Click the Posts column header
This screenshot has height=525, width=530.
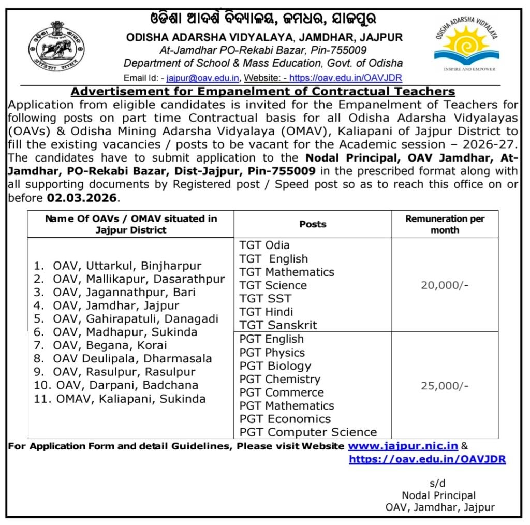[313, 224]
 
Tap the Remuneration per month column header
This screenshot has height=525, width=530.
[445, 224]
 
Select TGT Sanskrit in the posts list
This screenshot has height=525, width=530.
[278, 325]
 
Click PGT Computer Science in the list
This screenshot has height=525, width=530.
[308, 432]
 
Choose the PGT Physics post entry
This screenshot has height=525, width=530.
[272, 353]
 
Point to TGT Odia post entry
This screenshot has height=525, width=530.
[264, 245]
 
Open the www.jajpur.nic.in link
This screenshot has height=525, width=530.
[403, 446]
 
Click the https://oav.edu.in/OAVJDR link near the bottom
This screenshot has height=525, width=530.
[427, 459]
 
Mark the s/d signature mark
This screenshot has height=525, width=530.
[437, 483]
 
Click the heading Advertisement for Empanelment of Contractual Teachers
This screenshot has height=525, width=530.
[262, 92]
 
